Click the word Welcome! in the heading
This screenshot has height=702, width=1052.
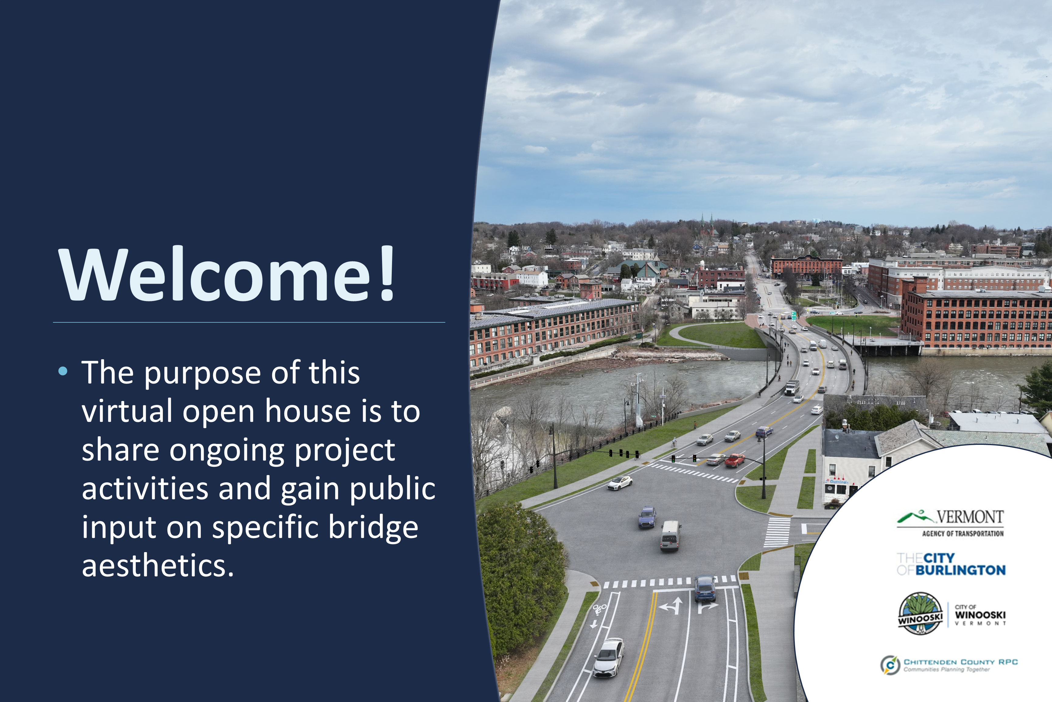[227, 274]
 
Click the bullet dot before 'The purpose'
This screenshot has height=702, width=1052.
[63, 371]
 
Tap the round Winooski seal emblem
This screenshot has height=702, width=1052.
[920, 613]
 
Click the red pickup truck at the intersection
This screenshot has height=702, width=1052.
[735, 460]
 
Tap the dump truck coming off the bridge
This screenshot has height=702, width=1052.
[792, 387]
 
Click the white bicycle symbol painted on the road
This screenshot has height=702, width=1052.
[599, 609]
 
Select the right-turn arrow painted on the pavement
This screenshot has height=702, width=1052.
[707, 607]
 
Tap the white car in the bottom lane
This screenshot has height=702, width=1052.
[608, 657]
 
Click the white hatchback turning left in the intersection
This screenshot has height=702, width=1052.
[620, 483]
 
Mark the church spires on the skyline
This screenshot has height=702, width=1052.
[707, 224]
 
